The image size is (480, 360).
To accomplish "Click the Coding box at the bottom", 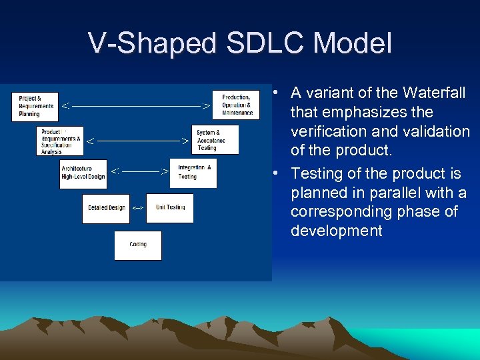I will (x=138, y=245).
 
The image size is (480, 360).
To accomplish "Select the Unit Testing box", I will (x=170, y=208).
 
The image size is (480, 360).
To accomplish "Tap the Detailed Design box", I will (x=106, y=208).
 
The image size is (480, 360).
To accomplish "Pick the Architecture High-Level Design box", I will (x=83, y=173).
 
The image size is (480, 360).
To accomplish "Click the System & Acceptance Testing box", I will (x=215, y=139).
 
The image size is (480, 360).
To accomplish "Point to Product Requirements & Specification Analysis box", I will (x=60, y=141).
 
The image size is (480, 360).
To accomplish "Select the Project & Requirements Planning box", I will (x=35, y=106).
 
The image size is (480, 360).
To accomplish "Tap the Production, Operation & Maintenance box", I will (x=236, y=105).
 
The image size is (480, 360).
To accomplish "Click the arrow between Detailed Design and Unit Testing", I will (x=138, y=208).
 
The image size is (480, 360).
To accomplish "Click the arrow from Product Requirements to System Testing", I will (x=138, y=141).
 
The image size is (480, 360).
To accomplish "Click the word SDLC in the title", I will (x=265, y=44).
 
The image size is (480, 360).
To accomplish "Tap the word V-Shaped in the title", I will (x=153, y=44).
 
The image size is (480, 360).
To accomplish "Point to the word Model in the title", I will (x=353, y=44).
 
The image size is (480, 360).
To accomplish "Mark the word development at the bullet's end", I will (x=337, y=231).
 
